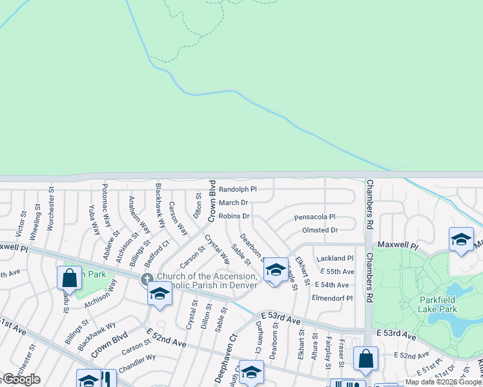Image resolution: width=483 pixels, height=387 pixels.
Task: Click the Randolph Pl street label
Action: [x=237, y=190]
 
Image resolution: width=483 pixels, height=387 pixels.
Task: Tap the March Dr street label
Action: [x=232, y=203]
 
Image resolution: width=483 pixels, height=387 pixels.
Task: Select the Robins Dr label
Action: [x=234, y=216]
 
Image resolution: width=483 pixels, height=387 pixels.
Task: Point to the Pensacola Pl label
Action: [x=314, y=217]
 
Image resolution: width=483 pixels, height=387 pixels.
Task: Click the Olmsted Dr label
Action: [x=320, y=230]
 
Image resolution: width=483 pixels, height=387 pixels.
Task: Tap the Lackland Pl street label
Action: [x=334, y=258]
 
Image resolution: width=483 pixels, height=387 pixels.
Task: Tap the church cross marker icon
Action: [x=147, y=279]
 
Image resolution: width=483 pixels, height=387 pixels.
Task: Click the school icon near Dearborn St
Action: [x=276, y=270]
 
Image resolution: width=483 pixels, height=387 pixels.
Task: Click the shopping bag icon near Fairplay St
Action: [x=365, y=359]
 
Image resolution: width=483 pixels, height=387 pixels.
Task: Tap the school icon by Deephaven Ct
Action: [x=251, y=372]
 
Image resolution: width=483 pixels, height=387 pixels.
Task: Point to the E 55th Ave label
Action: [x=334, y=272]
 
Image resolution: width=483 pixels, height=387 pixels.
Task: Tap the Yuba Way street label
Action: [x=94, y=220]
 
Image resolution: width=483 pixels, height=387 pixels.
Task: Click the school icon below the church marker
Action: [x=159, y=294]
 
